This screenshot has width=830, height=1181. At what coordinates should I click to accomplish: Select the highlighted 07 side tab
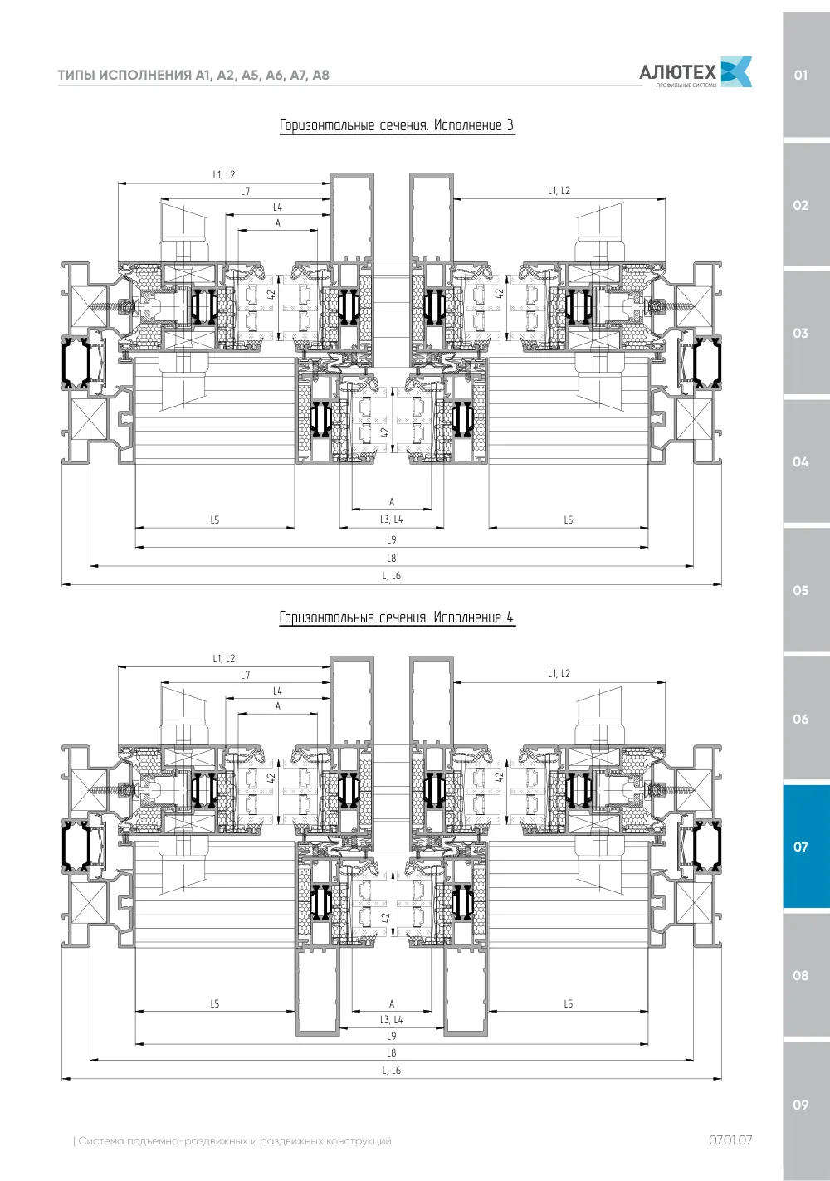tap(806, 847)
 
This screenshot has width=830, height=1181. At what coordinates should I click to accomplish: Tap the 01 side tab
tap(806, 75)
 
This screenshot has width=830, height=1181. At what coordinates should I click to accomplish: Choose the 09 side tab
tap(806, 1105)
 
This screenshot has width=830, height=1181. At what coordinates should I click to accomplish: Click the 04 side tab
tap(806, 461)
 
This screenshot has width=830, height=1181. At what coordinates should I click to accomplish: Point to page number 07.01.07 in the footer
tap(730, 1140)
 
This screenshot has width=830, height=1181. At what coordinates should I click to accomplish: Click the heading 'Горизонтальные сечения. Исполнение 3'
tap(397, 125)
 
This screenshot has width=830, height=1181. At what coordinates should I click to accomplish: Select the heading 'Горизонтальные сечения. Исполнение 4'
tap(397, 617)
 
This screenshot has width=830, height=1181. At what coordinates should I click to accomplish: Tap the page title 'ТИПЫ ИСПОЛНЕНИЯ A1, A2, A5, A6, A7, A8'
tap(193, 75)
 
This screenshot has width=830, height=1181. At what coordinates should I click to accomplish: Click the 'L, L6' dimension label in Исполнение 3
tap(391, 576)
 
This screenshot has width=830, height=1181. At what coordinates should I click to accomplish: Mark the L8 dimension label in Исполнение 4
tap(391, 1053)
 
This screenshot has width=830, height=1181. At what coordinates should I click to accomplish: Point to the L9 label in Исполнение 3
tap(391, 540)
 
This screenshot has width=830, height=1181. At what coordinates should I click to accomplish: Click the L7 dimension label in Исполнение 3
tap(245, 192)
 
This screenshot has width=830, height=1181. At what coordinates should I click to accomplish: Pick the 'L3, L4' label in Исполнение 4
tap(391, 1020)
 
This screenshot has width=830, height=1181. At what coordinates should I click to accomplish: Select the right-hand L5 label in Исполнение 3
tap(568, 520)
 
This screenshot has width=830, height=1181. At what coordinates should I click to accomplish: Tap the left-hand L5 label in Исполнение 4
tap(215, 1004)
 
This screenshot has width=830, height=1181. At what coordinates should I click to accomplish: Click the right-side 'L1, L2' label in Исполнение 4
tap(559, 673)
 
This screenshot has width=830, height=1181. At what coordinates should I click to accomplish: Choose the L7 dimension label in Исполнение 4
tap(245, 675)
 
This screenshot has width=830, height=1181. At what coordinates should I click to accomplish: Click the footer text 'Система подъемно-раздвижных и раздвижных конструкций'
tap(235, 1141)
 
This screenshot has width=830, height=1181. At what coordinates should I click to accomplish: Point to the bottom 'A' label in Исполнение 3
tap(391, 502)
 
